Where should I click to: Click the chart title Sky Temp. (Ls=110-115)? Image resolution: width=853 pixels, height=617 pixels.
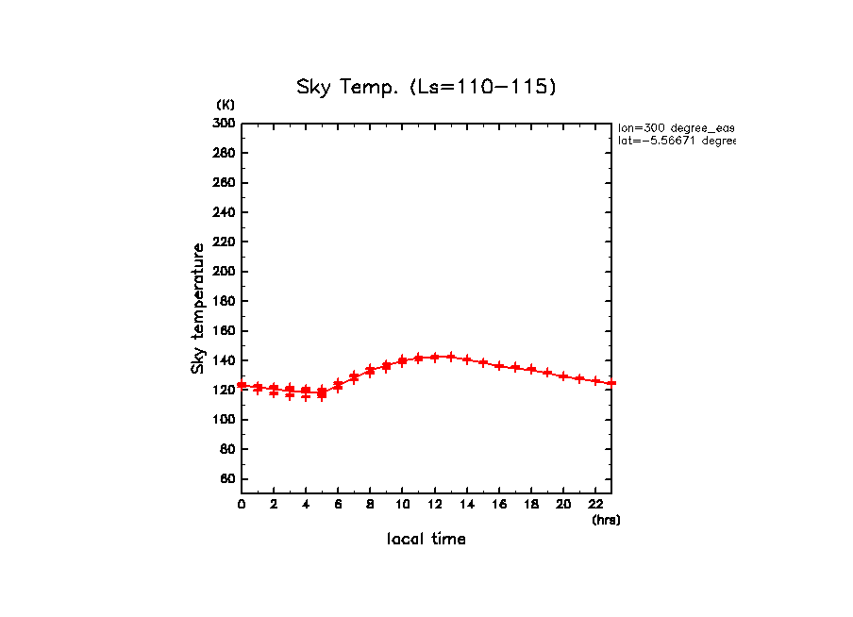[x=426, y=88]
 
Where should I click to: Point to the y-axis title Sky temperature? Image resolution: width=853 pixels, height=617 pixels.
[x=198, y=308]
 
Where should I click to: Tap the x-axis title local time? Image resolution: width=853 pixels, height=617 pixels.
[x=426, y=540]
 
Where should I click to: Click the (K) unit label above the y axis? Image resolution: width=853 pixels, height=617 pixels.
[x=226, y=105]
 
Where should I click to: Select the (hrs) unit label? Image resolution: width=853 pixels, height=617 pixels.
[x=606, y=520]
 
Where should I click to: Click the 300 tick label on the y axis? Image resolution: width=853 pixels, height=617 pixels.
[x=224, y=123]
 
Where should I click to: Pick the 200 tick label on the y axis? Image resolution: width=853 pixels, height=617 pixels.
[x=224, y=272]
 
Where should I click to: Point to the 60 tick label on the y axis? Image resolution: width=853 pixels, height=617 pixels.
[x=227, y=479]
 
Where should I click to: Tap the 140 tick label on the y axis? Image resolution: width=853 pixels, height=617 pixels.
[x=224, y=360]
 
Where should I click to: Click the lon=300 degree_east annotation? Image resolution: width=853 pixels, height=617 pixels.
[x=676, y=127]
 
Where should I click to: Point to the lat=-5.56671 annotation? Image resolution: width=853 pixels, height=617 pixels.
[x=676, y=141]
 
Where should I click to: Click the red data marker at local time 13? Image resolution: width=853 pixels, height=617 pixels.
[x=451, y=357]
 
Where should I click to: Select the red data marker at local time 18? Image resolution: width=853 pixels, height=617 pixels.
[x=531, y=369]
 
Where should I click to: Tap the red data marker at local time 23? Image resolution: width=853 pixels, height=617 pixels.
[x=611, y=383]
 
